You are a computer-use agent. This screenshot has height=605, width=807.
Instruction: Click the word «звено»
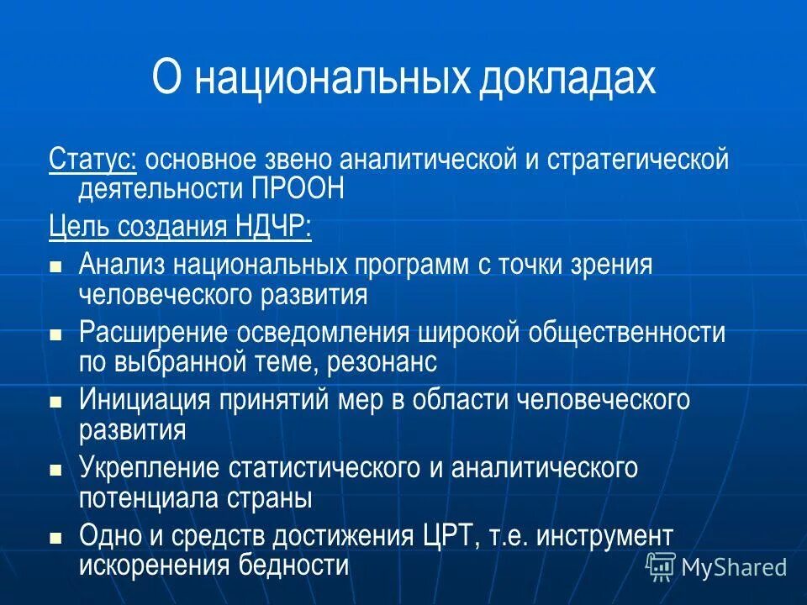[319, 159]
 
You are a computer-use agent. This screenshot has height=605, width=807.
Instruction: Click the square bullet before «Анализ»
[56, 266]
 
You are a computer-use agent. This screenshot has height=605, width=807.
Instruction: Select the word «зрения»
[611, 265]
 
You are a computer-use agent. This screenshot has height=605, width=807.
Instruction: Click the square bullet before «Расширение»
[56, 334]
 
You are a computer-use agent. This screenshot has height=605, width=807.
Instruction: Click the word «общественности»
[627, 333]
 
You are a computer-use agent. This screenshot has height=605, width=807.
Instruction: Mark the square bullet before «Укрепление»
[56, 469]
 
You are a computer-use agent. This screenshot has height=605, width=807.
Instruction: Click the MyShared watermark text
[734, 567]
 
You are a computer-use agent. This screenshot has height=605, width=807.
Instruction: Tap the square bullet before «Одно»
[56, 536]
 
